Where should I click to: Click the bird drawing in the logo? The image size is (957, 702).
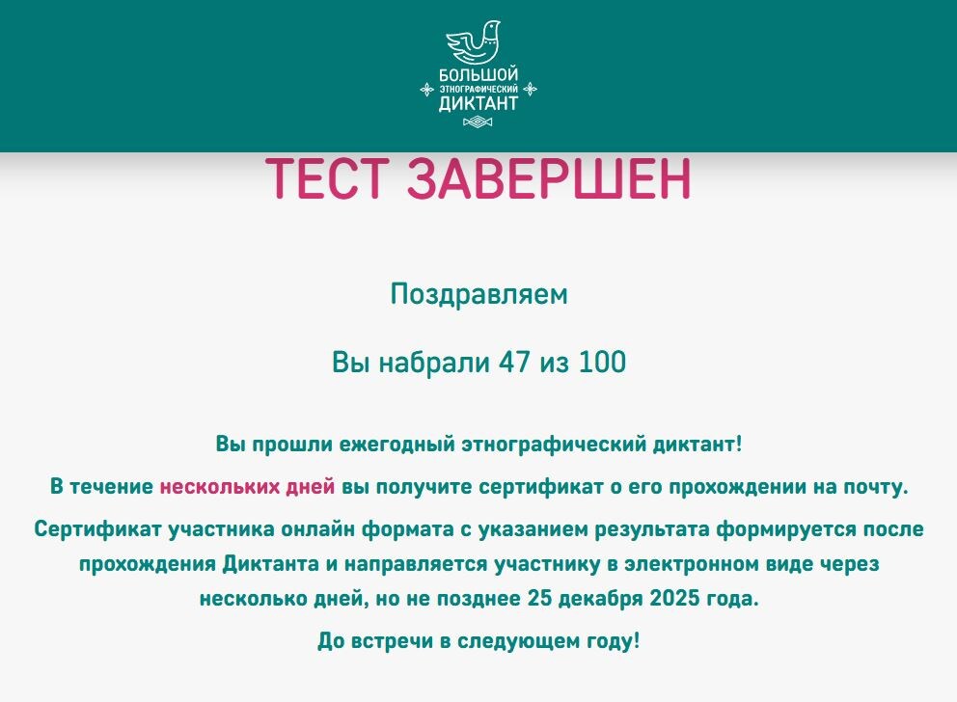click(x=478, y=43)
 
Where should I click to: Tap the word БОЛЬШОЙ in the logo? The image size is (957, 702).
click(x=478, y=74)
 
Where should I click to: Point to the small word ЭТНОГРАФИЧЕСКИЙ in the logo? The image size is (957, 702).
click(x=478, y=89)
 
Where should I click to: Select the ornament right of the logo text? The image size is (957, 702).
click(x=529, y=89)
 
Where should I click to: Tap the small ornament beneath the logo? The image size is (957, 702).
click(x=478, y=122)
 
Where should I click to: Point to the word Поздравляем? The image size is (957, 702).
click(x=478, y=294)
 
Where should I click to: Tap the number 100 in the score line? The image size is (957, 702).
click(x=603, y=363)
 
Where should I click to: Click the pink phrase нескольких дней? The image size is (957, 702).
click(x=247, y=487)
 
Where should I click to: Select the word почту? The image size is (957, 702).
click(x=878, y=487)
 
